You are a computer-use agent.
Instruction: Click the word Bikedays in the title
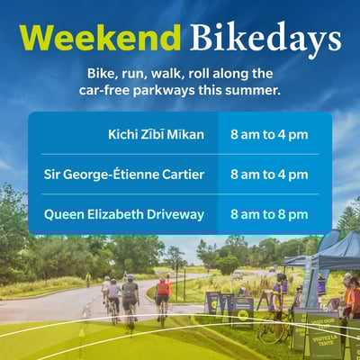pos(265,38)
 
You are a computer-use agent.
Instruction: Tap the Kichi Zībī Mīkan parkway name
pos(154,135)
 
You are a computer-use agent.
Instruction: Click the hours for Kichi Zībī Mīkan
pos(269,135)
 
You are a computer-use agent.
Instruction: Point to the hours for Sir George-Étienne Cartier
pos(269,175)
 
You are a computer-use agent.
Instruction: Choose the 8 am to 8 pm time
pos(269,214)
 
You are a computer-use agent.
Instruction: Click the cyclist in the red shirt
pos(163,292)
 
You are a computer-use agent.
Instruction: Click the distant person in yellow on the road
pos(88,279)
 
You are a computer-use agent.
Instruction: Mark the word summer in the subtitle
pos(247,90)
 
